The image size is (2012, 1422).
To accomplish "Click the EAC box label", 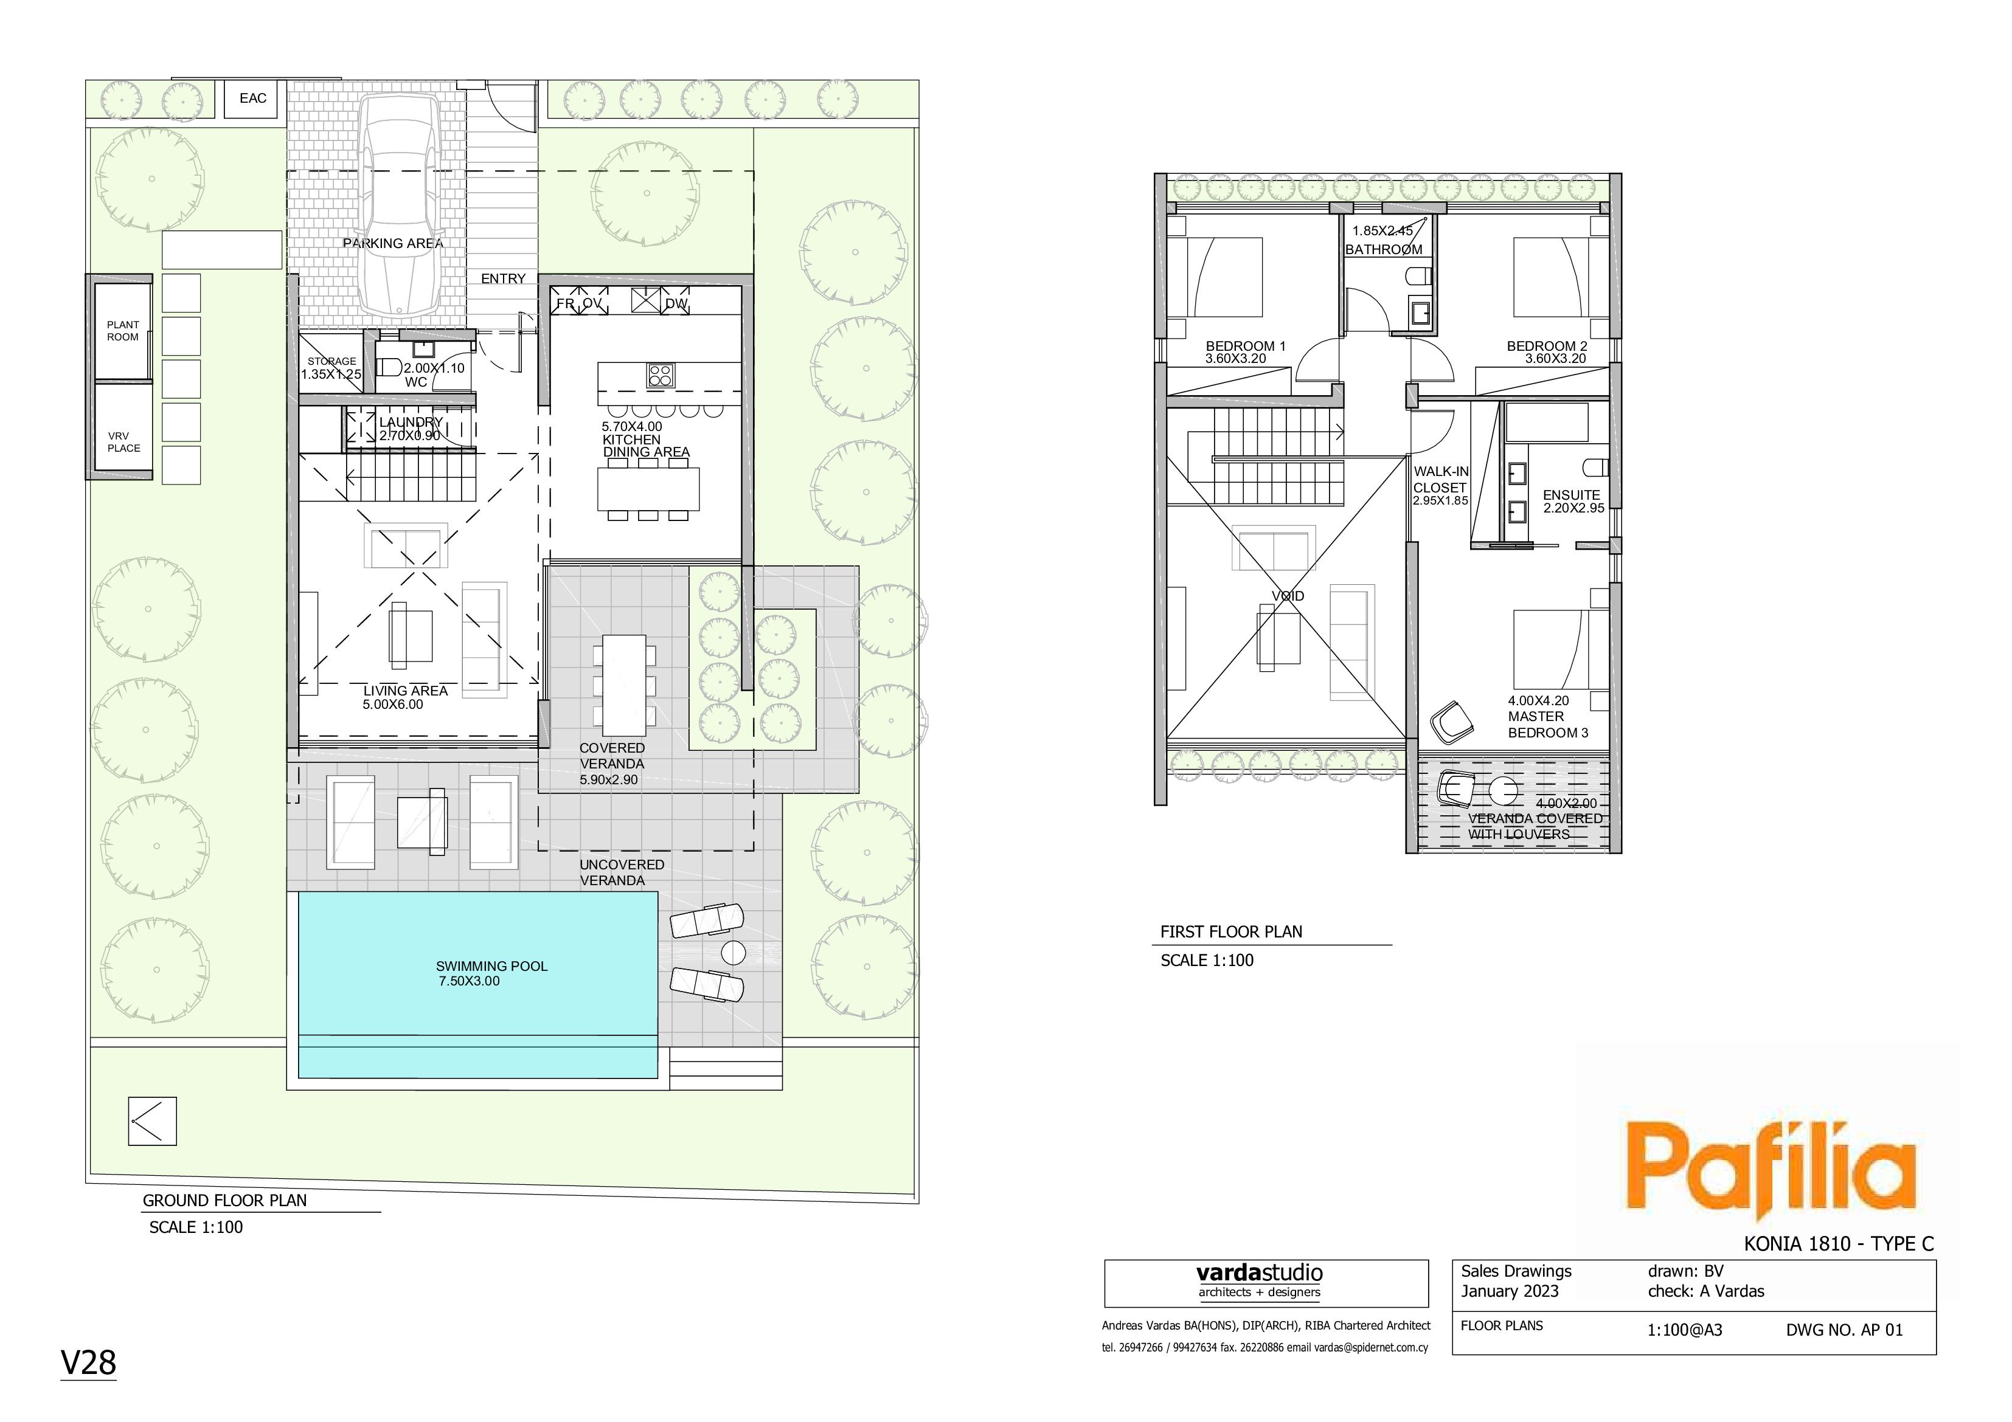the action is point(252,98).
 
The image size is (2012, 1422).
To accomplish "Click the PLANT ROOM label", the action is point(123,330).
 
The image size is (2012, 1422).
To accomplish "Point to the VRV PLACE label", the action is point(123,441).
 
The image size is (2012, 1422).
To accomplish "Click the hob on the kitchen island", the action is point(661,376).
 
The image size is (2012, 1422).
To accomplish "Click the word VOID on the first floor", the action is point(1288,596).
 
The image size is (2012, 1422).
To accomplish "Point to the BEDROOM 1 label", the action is point(1245,346).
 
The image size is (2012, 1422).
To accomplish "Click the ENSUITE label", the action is point(1571,495).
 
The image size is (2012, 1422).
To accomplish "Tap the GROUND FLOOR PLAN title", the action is point(224,1200).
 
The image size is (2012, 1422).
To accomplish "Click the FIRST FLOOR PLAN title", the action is point(1231,931).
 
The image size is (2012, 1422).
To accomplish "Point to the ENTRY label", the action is point(503,278).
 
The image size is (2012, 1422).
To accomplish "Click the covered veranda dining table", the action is point(624,685).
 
